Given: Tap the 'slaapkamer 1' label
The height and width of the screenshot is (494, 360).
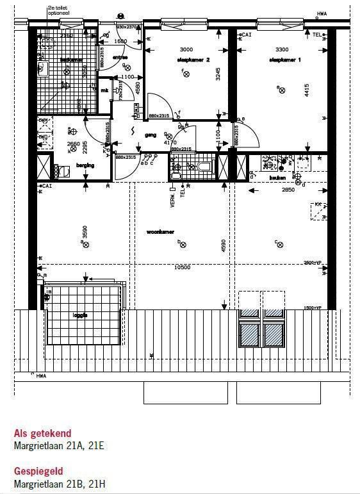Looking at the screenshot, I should (286, 60).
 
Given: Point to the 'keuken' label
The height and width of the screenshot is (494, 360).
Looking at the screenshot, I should (277, 177).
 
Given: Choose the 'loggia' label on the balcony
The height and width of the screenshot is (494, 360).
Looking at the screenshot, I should (80, 315).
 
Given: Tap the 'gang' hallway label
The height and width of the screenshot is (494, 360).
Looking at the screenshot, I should (151, 135).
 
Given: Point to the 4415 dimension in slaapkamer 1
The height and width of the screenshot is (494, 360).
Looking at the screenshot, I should (307, 90).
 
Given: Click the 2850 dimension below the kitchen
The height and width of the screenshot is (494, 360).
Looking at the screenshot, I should (289, 190).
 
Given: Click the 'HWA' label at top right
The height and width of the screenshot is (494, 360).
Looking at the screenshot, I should (322, 13).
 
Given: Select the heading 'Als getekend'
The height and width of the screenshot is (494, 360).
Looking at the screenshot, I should (42, 433).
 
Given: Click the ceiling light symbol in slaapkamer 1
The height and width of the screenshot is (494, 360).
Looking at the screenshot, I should (281, 90).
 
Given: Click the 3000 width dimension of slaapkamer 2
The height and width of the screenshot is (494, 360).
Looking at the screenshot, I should (186, 49).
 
